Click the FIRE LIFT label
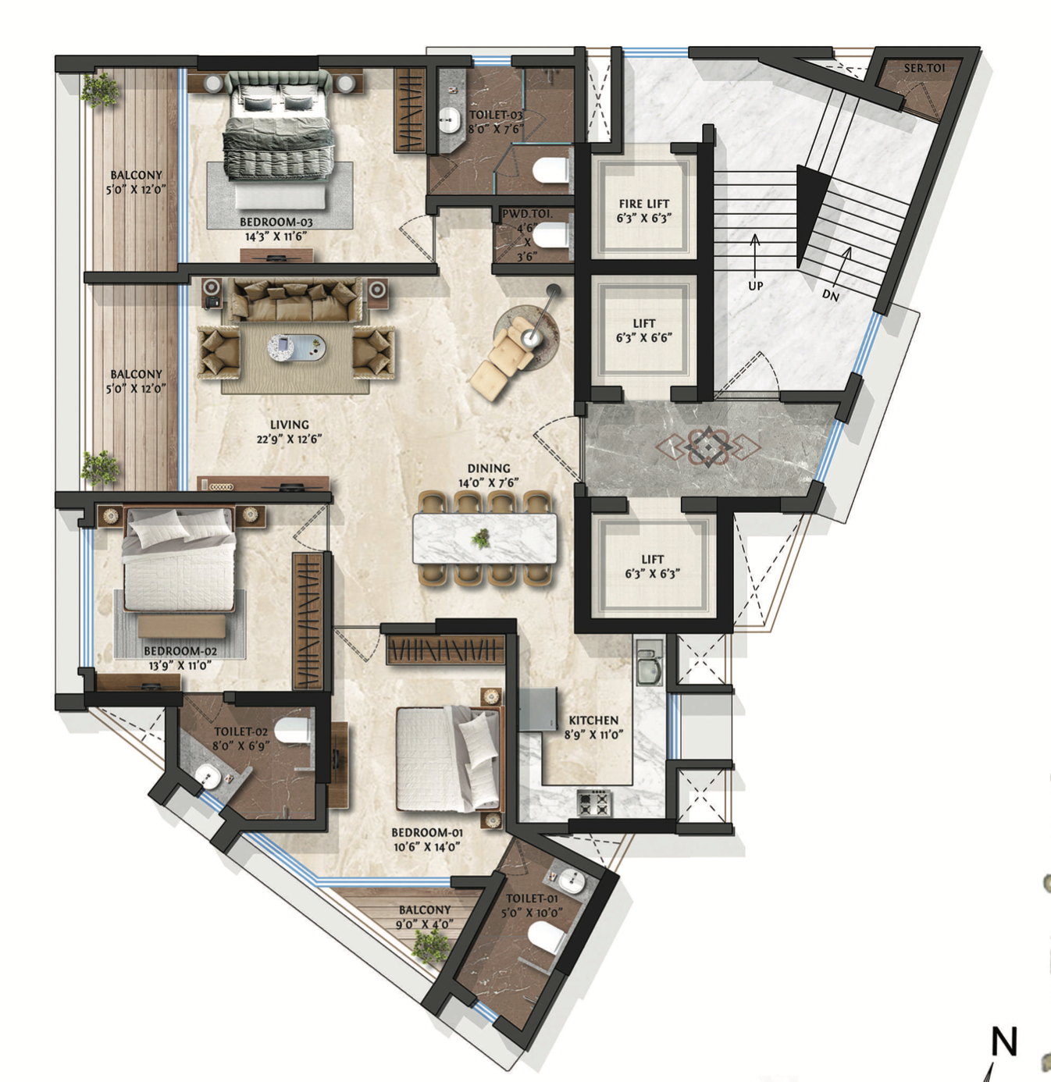(x=644, y=204)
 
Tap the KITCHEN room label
(x=593, y=721)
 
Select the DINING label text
(x=489, y=468)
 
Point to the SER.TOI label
(x=924, y=69)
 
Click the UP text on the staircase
(x=755, y=287)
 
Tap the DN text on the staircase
(x=830, y=296)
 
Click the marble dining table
(x=485, y=538)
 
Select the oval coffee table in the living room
(x=297, y=348)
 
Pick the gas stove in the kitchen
(x=594, y=803)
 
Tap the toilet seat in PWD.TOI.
(x=550, y=235)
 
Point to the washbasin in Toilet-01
(x=571, y=881)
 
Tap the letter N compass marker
(x=1004, y=1041)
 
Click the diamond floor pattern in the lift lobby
(x=707, y=447)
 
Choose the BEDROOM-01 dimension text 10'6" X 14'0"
(x=426, y=847)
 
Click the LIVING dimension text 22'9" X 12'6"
(x=289, y=440)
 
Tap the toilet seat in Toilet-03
(x=550, y=170)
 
